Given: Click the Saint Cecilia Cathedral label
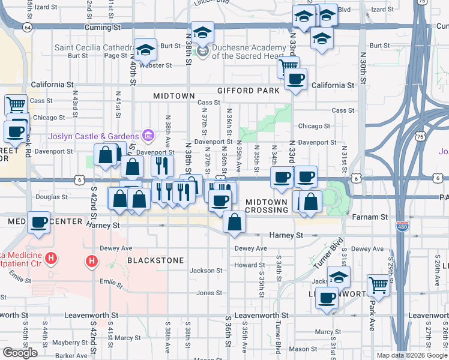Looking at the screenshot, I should [94, 47].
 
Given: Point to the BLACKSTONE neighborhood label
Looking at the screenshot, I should [155, 260].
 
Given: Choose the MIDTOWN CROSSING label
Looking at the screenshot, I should [267, 206].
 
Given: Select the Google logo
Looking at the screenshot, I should [20, 353].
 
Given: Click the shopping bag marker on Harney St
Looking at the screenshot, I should [234, 223].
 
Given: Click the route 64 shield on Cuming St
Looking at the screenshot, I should [27, 28].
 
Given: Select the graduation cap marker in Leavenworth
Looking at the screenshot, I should [339, 276].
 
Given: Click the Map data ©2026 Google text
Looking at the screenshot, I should [411, 355].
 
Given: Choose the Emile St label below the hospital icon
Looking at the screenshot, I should [107, 281].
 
